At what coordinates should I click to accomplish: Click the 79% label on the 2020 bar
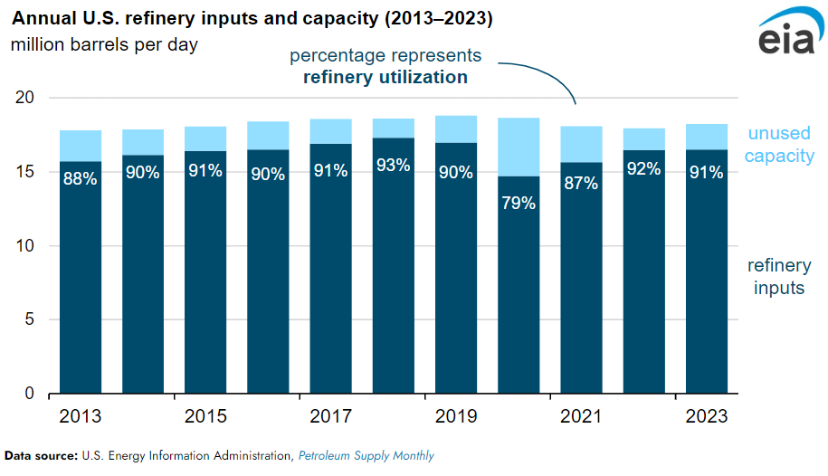(x=519, y=203)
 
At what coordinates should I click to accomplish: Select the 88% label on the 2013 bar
(x=81, y=178)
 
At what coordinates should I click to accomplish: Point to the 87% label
(x=581, y=183)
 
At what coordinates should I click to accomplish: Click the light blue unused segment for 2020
(x=519, y=147)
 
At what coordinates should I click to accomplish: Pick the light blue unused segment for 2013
(x=81, y=146)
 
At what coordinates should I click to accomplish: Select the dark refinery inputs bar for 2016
(x=268, y=271)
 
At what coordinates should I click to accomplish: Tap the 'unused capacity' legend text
(x=781, y=145)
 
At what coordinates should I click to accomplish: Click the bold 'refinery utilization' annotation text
(x=385, y=77)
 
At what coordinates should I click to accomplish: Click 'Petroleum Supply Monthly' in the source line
(x=366, y=456)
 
